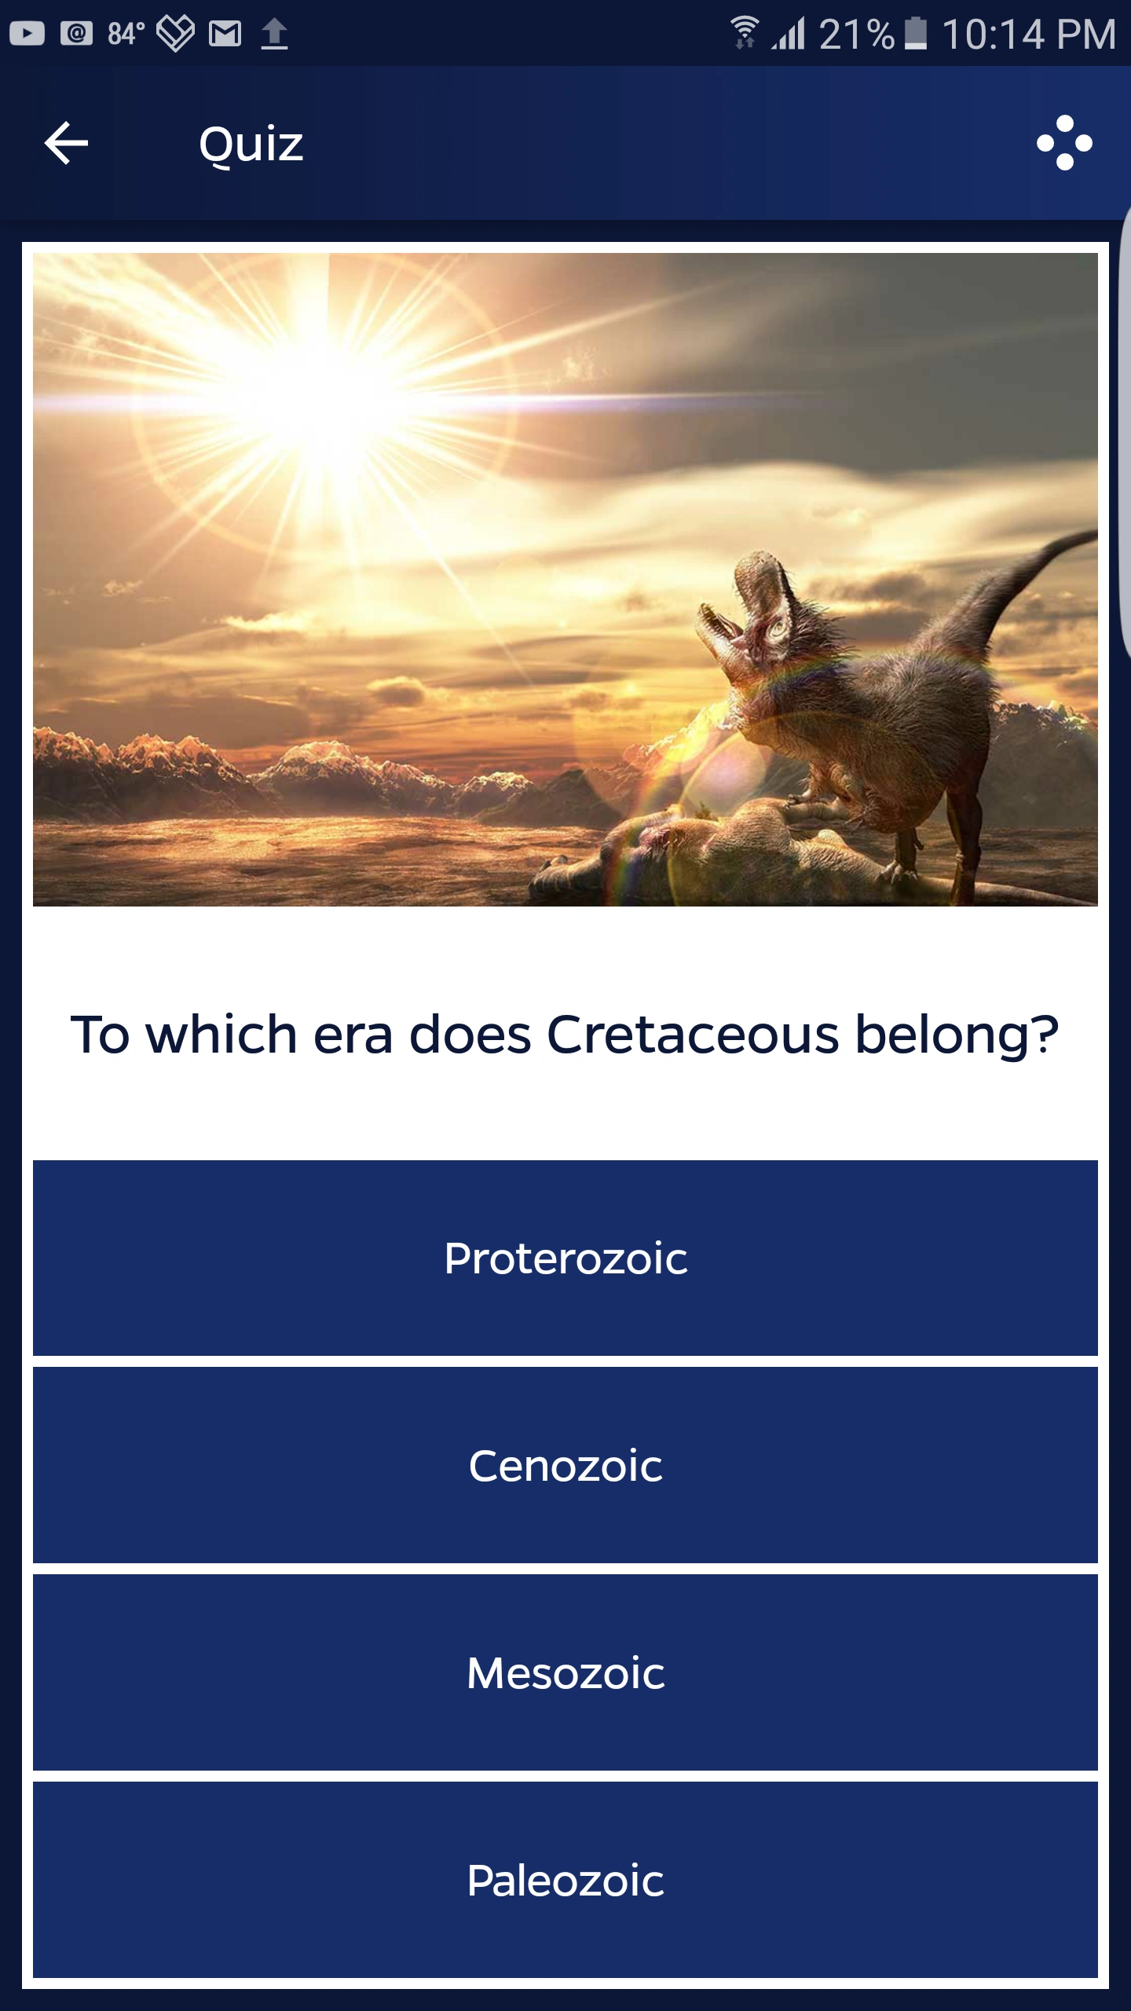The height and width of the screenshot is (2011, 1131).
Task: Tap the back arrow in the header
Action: coord(66,143)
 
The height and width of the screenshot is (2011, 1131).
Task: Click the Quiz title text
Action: coord(251,145)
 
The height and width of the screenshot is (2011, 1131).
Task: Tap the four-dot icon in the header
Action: coord(1064,143)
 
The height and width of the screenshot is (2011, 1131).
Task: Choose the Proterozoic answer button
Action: coord(565,1258)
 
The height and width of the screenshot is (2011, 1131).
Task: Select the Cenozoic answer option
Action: coord(565,1465)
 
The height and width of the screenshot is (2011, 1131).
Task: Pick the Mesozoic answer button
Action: coord(565,1672)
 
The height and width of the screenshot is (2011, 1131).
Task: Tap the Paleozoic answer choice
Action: coord(565,1880)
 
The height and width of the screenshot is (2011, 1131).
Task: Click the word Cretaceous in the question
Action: coord(692,1034)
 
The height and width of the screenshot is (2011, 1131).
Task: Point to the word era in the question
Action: coord(353,1034)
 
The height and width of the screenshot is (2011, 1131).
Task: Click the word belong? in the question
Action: coord(957,1035)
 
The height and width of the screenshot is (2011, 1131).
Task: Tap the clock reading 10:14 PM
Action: coord(1028,35)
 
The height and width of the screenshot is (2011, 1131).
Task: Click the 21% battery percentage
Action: coord(856,35)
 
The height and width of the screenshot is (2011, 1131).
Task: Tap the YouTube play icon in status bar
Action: coord(27,34)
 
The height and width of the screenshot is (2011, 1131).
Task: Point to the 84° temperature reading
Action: coord(126,34)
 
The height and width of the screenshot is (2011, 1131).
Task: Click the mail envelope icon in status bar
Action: coord(225,34)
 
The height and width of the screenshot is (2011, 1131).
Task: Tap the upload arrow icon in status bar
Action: coord(274,34)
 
